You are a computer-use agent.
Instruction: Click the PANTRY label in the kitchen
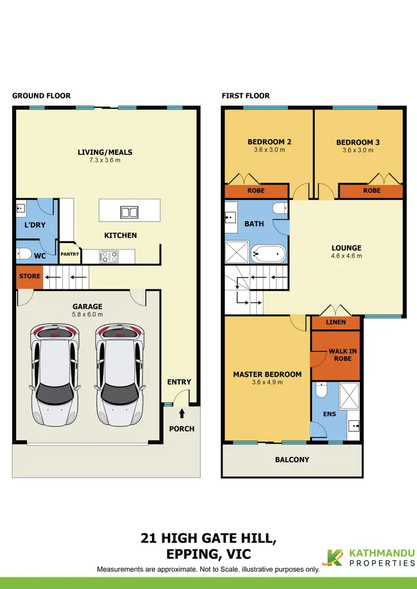pos(70,254)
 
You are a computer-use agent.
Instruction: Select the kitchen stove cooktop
pos(108,256)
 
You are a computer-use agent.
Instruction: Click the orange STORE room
pos(29,276)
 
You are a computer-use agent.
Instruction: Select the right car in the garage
pos(119,374)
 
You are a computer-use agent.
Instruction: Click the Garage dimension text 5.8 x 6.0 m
pos(88,314)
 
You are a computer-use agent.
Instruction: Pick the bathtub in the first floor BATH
pos(268,255)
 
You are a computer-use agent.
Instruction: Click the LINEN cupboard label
pos(336,323)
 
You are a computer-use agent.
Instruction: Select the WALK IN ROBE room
pos(342,355)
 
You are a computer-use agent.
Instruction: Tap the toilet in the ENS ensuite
pos(321,392)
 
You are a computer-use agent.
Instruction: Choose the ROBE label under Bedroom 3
pos(372,190)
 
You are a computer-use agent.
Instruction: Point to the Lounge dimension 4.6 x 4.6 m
pos(346,256)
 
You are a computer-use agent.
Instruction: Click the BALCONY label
pos(292,460)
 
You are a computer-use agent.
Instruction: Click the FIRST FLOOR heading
pos(246,96)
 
